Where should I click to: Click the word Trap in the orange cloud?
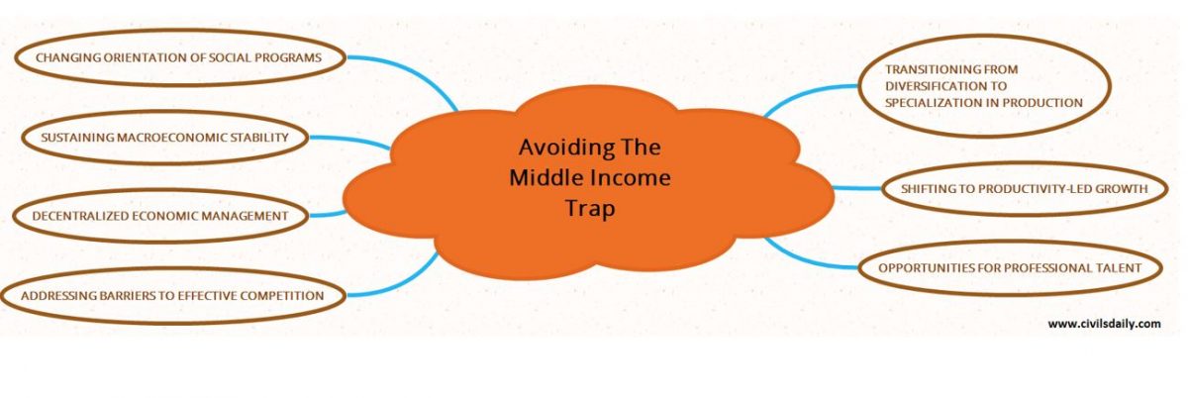click(590, 209)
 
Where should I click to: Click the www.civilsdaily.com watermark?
click(1103, 323)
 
